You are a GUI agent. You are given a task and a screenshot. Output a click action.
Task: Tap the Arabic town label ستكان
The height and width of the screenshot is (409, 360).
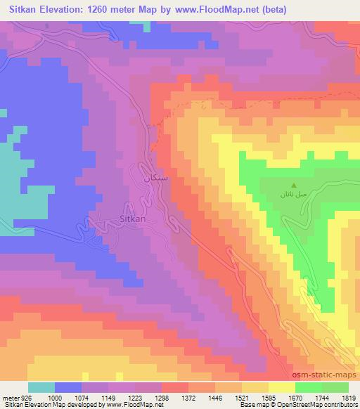[156, 178]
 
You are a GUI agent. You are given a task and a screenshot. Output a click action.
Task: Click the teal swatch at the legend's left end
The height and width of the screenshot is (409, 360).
[41, 387]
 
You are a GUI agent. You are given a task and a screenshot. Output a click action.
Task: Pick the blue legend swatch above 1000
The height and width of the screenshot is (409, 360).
[69, 387]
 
